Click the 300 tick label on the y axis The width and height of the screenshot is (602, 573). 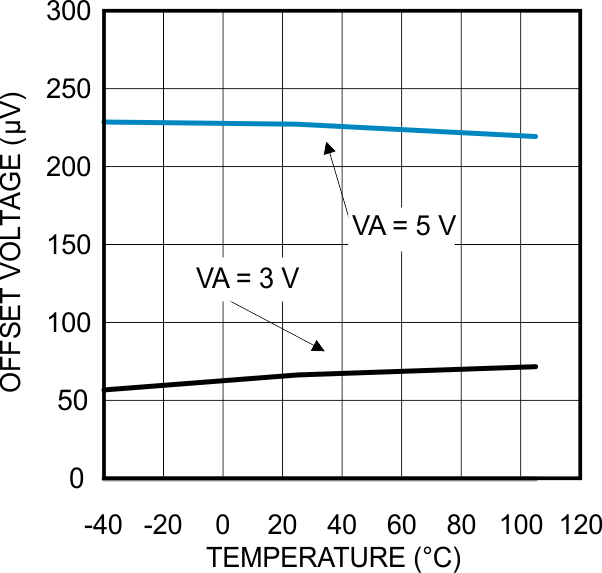(70, 13)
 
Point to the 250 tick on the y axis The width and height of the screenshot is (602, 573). (70, 90)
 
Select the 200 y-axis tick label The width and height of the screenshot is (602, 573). (70, 167)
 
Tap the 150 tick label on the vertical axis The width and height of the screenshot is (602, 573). (70, 245)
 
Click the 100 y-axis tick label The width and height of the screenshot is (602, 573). (70, 323)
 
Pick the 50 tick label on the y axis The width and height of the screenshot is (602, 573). (76, 401)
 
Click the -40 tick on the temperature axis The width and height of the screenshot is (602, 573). (103, 525)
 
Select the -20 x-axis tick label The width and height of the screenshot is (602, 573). (163, 525)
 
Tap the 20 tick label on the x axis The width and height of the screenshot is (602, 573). (282, 525)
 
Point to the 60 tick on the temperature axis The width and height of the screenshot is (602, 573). (402, 525)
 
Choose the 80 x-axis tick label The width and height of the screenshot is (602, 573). (462, 525)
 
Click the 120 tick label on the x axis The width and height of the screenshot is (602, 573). (581, 525)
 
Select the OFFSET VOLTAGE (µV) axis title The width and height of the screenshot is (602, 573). (15, 245)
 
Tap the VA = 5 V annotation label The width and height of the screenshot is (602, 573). (403, 227)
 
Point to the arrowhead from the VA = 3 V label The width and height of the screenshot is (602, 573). (318, 346)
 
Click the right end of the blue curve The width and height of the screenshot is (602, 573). (536, 136)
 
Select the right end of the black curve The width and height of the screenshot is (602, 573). (536, 367)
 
